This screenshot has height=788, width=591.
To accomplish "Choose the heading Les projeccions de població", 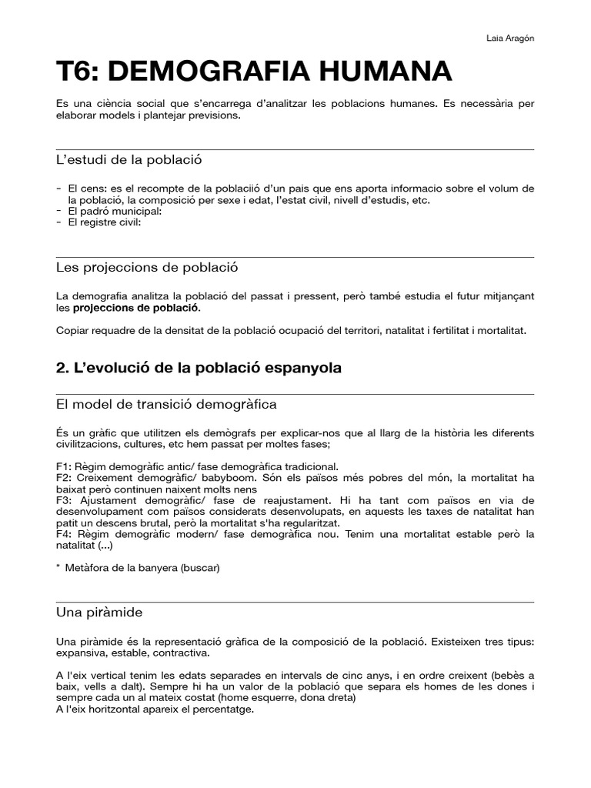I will (x=147, y=268).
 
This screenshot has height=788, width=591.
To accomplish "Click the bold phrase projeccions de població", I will (x=135, y=308).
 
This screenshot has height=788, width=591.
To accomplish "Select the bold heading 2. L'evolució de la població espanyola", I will (x=199, y=369).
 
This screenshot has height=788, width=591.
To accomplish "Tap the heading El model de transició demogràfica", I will (x=166, y=404).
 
